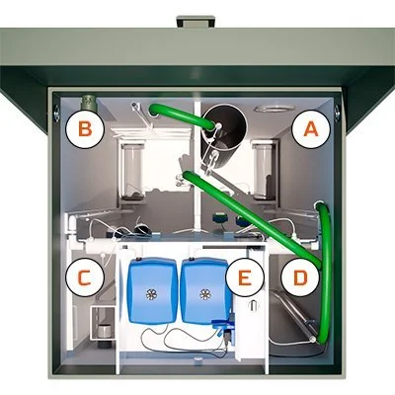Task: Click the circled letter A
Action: click(311, 129)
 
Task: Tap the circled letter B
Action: click(85, 129)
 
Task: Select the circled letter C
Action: click(85, 277)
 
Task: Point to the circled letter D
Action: click(300, 277)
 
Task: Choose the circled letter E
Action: click(245, 277)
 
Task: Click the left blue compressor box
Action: click(152, 290)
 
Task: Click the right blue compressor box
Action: click(204, 290)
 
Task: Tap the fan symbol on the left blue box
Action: click(152, 294)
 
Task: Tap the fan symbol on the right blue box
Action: click(205, 294)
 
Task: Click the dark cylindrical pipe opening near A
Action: click(224, 130)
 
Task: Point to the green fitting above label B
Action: click(88, 103)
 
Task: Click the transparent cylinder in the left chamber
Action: click(132, 171)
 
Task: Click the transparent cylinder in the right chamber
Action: click(263, 171)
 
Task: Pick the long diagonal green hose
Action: click(251, 218)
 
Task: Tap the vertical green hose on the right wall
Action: click(326, 270)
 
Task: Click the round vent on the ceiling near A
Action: click(275, 109)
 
